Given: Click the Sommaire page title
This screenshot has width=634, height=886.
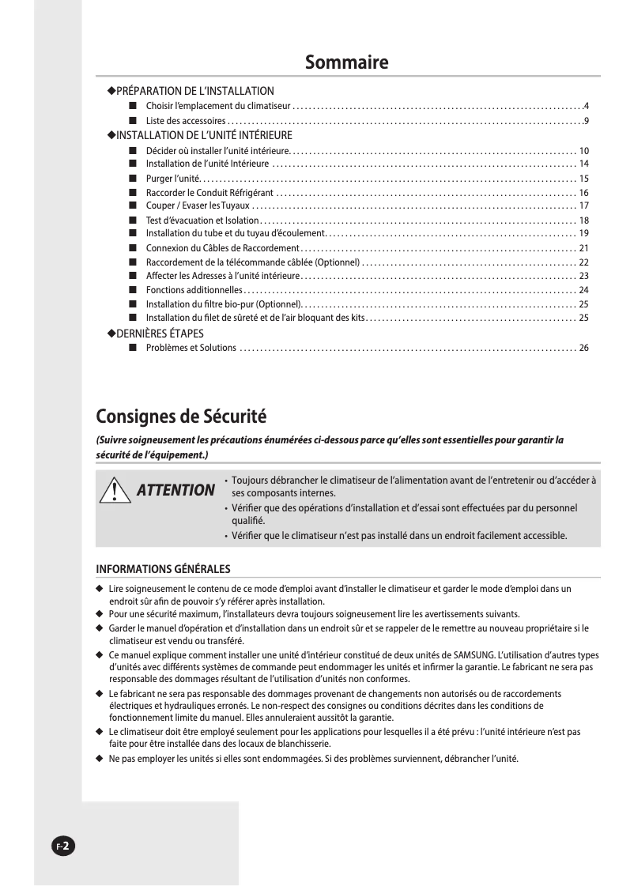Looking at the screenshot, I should tap(347, 62).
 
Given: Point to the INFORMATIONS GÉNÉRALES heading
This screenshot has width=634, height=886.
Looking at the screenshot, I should tap(163, 569).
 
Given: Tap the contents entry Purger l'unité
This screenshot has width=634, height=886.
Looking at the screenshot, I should tap(174, 178).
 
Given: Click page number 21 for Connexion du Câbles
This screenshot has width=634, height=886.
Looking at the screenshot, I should tap(583, 248).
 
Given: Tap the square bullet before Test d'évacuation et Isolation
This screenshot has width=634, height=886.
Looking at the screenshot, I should tap(131, 220).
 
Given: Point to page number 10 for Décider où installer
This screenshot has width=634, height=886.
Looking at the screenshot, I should tap(583, 150).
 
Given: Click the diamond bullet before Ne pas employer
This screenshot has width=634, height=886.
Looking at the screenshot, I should tap(100, 759).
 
